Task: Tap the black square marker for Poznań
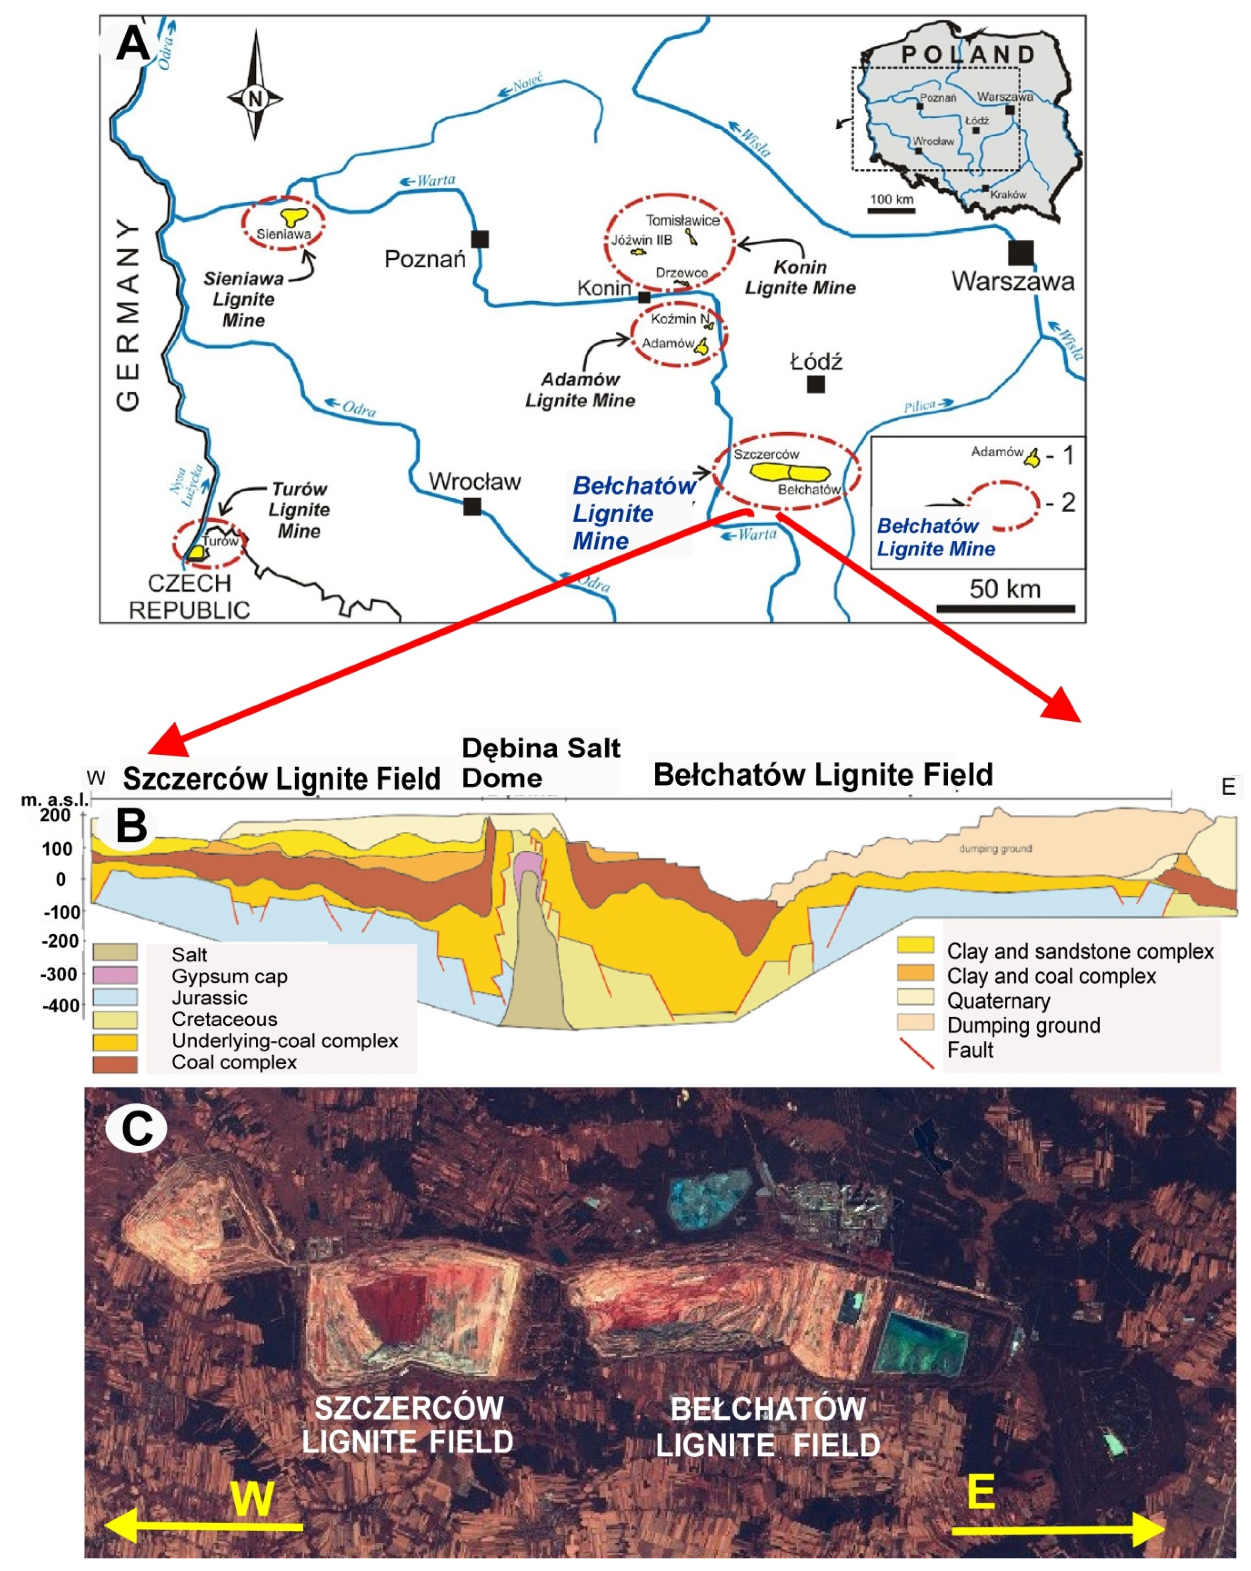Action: [x=479, y=238]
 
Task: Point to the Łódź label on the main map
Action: [x=816, y=361]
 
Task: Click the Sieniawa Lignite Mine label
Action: [x=243, y=299]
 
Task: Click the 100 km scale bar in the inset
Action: [x=891, y=210]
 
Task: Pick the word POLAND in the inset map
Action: [x=968, y=55]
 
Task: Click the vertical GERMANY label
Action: [x=128, y=313]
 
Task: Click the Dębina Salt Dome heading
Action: [x=540, y=762]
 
